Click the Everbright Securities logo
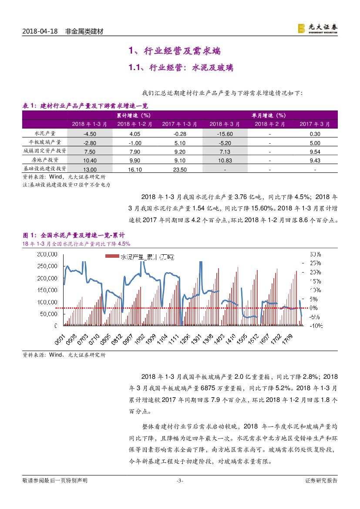[x=317, y=28]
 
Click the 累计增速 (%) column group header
[x=133, y=115]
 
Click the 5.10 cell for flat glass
[x=174, y=143]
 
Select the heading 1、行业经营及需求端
[x=174, y=51]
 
